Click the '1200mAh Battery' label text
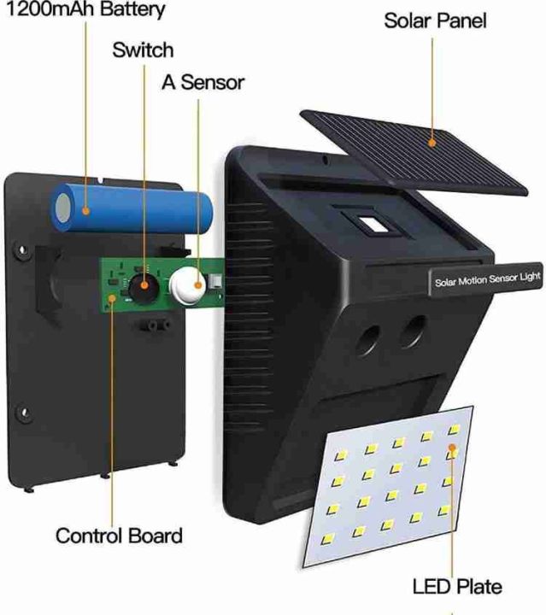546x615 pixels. click(x=83, y=11)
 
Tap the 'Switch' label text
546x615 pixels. click(x=142, y=50)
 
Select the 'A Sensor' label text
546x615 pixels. click(x=203, y=82)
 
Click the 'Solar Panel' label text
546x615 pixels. click(x=435, y=20)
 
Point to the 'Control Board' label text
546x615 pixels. click(x=119, y=536)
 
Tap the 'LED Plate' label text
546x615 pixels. click(x=456, y=586)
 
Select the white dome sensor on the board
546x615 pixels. click(x=190, y=282)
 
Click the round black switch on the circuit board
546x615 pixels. click(x=144, y=284)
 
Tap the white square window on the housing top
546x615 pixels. click(x=372, y=226)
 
